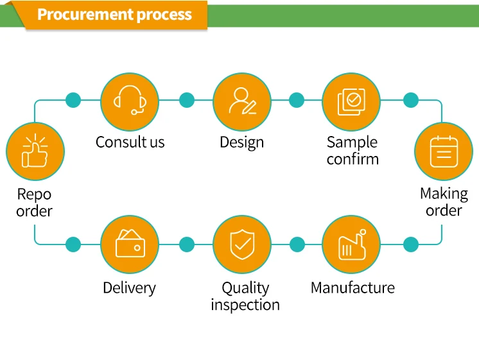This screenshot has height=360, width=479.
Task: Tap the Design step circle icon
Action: [x=241, y=101]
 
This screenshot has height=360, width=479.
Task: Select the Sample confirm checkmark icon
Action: [x=351, y=101]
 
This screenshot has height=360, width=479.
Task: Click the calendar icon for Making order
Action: [x=443, y=151]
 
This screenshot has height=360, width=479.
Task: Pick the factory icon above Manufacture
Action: [x=351, y=244]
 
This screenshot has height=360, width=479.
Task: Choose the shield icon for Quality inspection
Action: [x=241, y=244]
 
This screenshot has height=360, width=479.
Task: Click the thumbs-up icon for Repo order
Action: [x=35, y=151]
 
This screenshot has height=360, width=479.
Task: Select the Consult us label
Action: [x=130, y=142]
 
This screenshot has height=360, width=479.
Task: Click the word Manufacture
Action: [x=353, y=287]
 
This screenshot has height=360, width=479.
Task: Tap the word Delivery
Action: [x=129, y=287]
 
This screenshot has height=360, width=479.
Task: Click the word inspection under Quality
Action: [x=245, y=304]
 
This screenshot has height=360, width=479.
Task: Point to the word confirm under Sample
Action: [x=353, y=159]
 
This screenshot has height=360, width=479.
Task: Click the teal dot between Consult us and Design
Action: [x=186, y=100]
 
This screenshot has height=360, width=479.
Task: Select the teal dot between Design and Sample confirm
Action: [x=297, y=100]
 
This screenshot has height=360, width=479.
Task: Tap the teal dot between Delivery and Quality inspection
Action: [x=186, y=244]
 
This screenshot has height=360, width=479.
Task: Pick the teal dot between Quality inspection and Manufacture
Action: [x=297, y=244]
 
